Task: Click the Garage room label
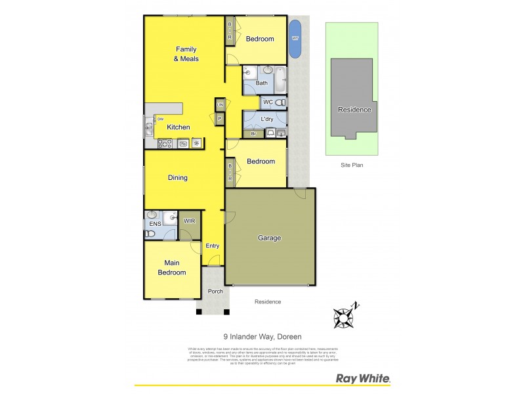[x=269, y=238]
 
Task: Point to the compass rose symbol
[x=344, y=318]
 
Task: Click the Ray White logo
[x=363, y=378]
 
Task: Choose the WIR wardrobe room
[x=189, y=222]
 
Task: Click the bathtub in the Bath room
[x=280, y=79]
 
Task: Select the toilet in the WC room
[x=281, y=102]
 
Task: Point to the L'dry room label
[x=266, y=119]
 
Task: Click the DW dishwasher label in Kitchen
[x=159, y=119]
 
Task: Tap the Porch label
[x=215, y=291]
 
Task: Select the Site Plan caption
[x=352, y=165]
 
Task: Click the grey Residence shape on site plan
[x=354, y=98]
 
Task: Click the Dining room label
[x=177, y=177]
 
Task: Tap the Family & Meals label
[x=186, y=54]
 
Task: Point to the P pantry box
[x=220, y=118]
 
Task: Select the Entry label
[x=213, y=246]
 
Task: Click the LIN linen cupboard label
[x=220, y=104]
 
